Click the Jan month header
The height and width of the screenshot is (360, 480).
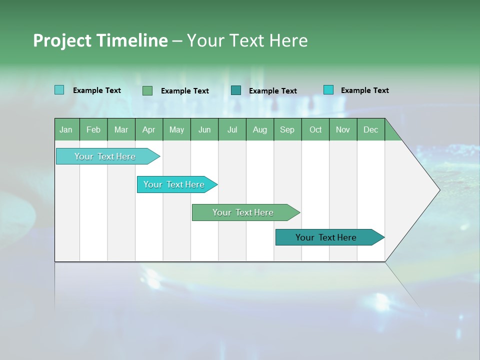(x=66, y=129)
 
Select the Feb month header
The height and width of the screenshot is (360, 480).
(x=93, y=129)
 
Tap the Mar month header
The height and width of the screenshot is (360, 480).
(x=121, y=129)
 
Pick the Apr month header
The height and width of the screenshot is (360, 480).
(x=149, y=129)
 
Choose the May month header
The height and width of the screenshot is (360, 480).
(x=176, y=129)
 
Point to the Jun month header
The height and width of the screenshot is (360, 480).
(x=204, y=129)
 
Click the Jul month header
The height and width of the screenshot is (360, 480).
(x=232, y=129)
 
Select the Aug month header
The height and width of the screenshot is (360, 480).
(x=260, y=129)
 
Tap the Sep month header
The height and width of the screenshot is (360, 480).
(x=287, y=129)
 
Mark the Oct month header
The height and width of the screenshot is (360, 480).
(x=315, y=129)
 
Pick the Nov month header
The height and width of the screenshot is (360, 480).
(x=343, y=129)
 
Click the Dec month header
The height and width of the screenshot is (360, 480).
(x=371, y=129)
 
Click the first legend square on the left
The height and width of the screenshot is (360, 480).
(x=59, y=90)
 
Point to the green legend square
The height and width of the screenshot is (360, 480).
(x=147, y=90)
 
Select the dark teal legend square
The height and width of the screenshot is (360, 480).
(x=236, y=90)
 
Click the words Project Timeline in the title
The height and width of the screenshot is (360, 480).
(x=100, y=40)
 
